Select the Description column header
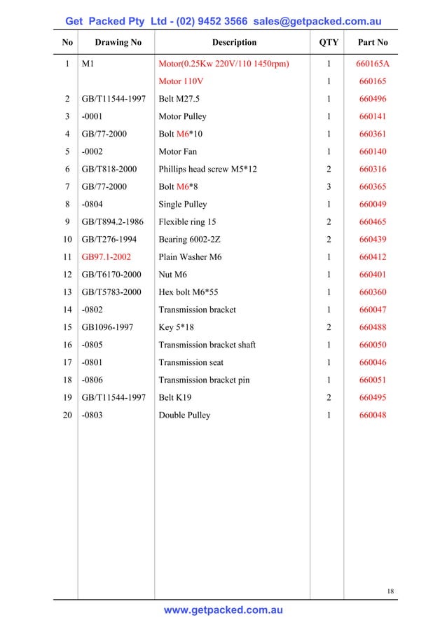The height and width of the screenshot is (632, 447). click(234, 42)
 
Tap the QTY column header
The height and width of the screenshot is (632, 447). click(329, 42)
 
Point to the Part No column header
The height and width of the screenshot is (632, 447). click(373, 42)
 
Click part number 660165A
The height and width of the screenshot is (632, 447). click(373, 64)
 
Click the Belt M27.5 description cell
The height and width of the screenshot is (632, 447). click(180, 99)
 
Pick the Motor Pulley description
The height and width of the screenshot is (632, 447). click(182, 116)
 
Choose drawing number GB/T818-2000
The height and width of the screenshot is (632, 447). click(109, 169)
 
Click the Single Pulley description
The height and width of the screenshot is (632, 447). click(183, 205)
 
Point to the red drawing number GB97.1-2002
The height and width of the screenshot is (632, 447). click(106, 257)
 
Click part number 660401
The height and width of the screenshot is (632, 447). click(373, 275)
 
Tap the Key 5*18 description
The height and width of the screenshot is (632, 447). click(176, 327)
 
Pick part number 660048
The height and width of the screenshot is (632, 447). click(373, 415)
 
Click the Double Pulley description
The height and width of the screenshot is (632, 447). click(184, 415)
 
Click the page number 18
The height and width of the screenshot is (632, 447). click(391, 592)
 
